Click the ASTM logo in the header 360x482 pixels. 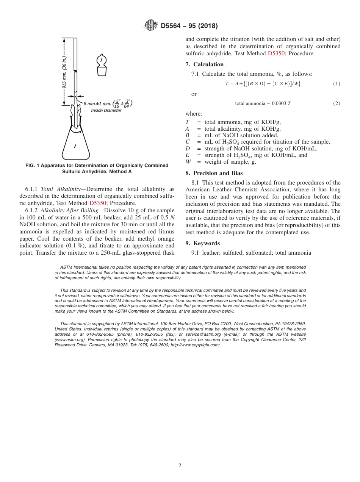[151, 26]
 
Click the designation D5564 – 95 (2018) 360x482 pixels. [189, 26]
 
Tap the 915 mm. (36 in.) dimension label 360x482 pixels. [65, 72]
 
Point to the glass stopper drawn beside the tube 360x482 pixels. [101, 65]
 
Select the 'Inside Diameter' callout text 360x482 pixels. [106, 111]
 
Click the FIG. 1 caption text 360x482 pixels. [97, 168]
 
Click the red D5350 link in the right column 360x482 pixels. [276, 53]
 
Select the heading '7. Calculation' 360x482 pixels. [205, 64]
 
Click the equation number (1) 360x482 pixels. [337, 84]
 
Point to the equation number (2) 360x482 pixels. [337, 103]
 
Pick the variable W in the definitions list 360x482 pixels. [188, 162]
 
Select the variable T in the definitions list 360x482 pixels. [187, 122]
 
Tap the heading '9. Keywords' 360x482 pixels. [203, 243]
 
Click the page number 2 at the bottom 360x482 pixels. [180, 466]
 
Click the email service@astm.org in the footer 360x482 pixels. [203, 335]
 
